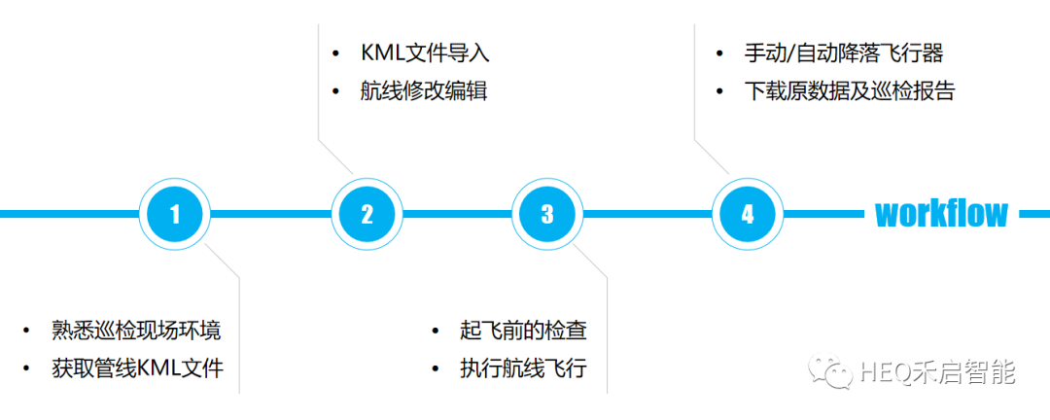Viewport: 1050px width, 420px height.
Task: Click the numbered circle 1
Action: pyautogui.click(x=175, y=214)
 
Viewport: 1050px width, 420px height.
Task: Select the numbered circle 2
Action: pyautogui.click(x=367, y=214)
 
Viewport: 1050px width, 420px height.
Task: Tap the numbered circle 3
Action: pyautogui.click(x=547, y=214)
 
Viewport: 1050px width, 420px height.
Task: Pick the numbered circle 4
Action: pyautogui.click(x=747, y=214)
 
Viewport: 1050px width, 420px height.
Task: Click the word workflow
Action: pyautogui.click(x=941, y=213)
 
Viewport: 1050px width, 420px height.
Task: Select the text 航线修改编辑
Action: pyautogui.click(x=423, y=92)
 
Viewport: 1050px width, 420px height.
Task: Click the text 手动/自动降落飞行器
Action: pyautogui.click(x=843, y=52)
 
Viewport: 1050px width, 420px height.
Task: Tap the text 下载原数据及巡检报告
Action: pyautogui.click(x=850, y=91)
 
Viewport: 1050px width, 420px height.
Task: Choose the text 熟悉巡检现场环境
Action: pyautogui.click(x=136, y=331)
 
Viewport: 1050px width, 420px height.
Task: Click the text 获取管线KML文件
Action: pyautogui.click(x=138, y=368)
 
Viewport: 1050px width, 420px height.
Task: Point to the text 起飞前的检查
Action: pyautogui.click(x=523, y=331)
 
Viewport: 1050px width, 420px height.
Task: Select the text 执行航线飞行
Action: pyautogui.click(x=523, y=368)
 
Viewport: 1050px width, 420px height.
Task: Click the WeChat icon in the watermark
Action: pyautogui.click(x=835, y=371)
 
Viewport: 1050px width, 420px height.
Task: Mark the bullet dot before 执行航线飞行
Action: pyautogui.click(x=437, y=369)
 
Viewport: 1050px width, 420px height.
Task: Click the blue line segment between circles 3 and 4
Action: pyautogui.click(x=646, y=214)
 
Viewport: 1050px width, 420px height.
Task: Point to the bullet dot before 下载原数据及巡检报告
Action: pyautogui.click(x=720, y=92)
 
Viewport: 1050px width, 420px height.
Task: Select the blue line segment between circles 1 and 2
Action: pyautogui.click(x=270, y=214)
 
